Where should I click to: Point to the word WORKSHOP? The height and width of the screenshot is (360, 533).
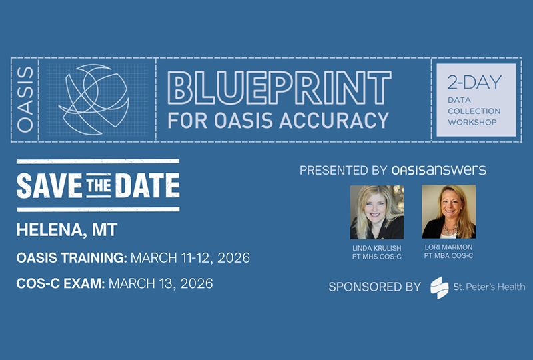pos(473,123)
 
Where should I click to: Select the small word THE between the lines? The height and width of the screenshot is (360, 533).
pos(101,185)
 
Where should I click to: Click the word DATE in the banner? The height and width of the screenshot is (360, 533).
pos(149,185)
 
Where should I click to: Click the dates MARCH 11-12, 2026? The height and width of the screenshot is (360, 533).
pos(191,258)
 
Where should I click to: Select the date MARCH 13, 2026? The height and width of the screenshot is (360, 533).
pos(161,284)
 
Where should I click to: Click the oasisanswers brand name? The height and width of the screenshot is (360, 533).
pos(439,170)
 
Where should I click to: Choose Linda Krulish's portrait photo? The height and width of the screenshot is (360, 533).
pos(377,212)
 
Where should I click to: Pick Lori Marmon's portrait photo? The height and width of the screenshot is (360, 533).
pos(448,212)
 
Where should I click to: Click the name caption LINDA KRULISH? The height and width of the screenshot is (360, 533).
pos(377,249)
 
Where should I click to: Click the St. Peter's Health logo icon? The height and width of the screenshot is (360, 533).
pos(439,287)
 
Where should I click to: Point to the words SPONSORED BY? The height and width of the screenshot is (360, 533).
pos(375,287)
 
